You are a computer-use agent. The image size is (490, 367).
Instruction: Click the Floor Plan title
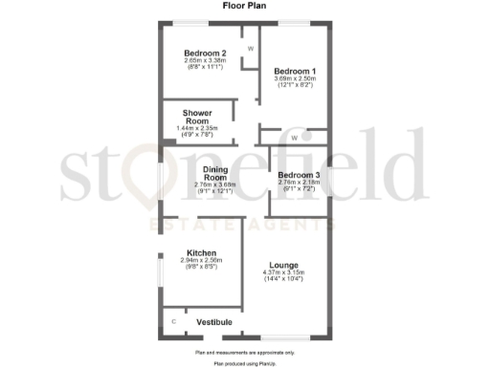pyautogui.click(x=245, y=6)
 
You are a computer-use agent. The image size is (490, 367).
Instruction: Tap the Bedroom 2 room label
pyautogui.click(x=205, y=53)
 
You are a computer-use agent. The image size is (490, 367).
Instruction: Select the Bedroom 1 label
pyautogui.click(x=295, y=72)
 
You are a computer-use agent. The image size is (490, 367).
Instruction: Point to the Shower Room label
pyautogui.click(x=197, y=117)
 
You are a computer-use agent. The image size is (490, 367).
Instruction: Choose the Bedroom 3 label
pyautogui.click(x=298, y=175)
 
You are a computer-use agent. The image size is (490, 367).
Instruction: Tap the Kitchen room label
pyautogui.click(x=201, y=252)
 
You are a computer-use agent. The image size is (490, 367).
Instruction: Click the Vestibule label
pyautogui.click(x=214, y=323)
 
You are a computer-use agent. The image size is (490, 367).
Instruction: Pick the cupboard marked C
pyautogui.click(x=173, y=322)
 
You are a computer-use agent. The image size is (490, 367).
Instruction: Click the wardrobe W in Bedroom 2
pyautogui.click(x=250, y=48)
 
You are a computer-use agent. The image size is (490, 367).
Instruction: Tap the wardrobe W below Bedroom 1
pyautogui.click(x=294, y=138)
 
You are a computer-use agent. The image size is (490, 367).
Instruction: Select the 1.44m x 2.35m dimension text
pyautogui.click(x=197, y=128)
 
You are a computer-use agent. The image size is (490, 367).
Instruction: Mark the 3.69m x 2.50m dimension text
pyautogui.click(x=295, y=79)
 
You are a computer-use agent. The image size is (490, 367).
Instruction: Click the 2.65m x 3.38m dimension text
pyautogui.click(x=205, y=60)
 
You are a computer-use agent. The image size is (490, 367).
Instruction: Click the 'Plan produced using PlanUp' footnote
pyautogui.click(x=245, y=363)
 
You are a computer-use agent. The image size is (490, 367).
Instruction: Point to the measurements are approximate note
pyautogui.click(x=245, y=354)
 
